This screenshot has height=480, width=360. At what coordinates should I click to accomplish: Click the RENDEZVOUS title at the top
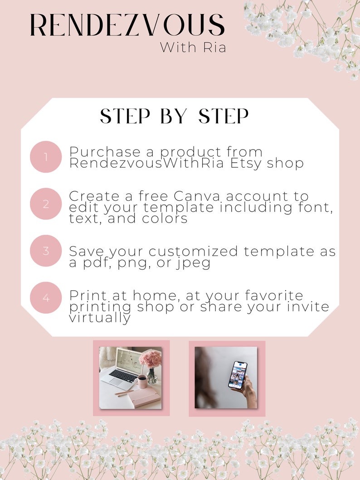127,25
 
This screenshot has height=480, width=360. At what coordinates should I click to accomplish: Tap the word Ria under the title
213,47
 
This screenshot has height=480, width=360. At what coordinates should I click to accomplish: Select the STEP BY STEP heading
175,116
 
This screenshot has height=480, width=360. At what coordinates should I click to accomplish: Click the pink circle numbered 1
46,157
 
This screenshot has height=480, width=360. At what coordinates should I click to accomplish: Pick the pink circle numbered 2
46,204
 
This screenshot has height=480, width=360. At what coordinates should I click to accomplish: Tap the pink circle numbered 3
46,251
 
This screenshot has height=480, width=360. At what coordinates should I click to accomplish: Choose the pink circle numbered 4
46,298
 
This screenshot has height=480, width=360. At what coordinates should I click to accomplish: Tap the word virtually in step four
100,318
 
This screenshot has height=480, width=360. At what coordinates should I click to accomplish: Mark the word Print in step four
86,296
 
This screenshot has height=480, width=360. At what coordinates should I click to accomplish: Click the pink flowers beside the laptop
150,359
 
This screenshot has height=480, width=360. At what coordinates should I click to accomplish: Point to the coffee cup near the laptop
142,381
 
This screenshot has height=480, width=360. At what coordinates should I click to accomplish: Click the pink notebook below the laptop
144,399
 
